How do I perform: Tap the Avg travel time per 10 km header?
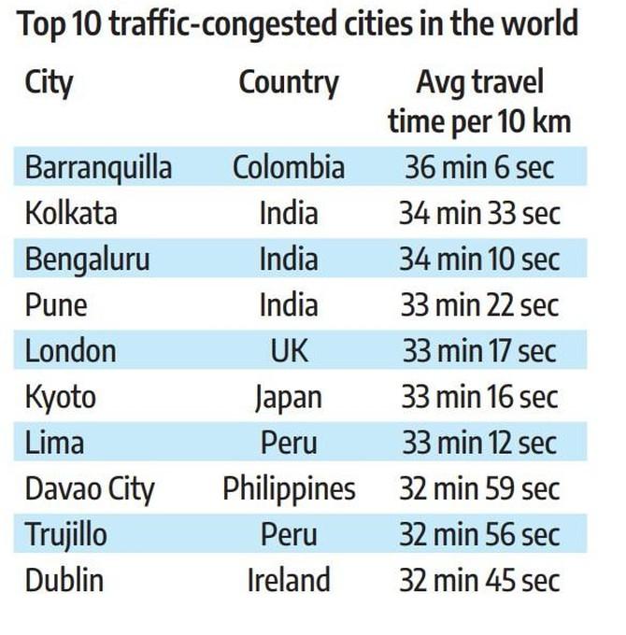point(479,101)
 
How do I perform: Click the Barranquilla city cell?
point(98,168)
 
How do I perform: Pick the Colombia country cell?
point(288,168)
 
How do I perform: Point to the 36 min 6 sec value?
point(479,168)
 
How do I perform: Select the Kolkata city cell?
point(71,214)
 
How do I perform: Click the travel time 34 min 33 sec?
point(479,214)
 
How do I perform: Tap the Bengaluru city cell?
point(87,260)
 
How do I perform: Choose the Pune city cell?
point(56,305)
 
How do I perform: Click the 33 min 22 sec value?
point(479,305)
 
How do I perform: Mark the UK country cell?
point(289,351)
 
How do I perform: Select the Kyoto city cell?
point(61,397)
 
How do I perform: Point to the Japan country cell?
point(288,397)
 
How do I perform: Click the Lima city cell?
point(54,443)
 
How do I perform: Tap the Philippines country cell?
point(289,488)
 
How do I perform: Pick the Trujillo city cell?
point(66,534)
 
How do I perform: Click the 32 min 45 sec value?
point(479,580)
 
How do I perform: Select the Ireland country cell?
point(288,580)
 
